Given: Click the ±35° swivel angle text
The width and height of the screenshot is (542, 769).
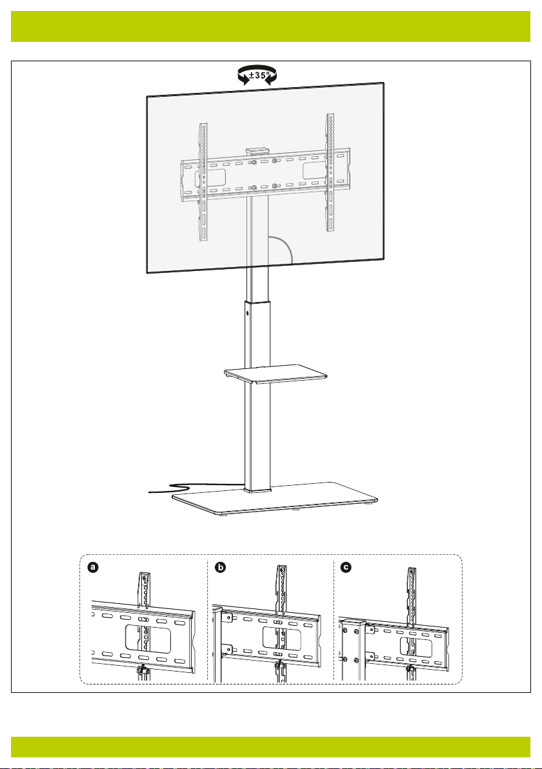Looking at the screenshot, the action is pyautogui.click(x=259, y=75).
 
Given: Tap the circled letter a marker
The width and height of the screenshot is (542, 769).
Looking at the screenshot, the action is pyautogui.click(x=93, y=568).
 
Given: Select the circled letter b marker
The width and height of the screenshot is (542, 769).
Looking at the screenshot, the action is pyautogui.click(x=221, y=568).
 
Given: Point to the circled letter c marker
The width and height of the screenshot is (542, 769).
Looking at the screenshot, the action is pyautogui.click(x=346, y=568).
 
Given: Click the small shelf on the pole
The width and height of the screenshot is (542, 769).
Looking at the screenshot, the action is pyautogui.click(x=276, y=374).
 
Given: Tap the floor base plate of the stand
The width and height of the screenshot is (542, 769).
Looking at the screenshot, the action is pyautogui.click(x=275, y=499).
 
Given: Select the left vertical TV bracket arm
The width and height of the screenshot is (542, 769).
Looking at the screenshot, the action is pyautogui.click(x=203, y=181).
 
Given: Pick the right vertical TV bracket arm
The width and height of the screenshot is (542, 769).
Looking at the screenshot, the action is pyautogui.click(x=330, y=172).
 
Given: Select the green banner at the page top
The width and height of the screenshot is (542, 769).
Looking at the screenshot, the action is pyautogui.click(x=271, y=26).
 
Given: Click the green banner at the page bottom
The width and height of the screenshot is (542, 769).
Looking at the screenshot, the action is pyautogui.click(x=271, y=747).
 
